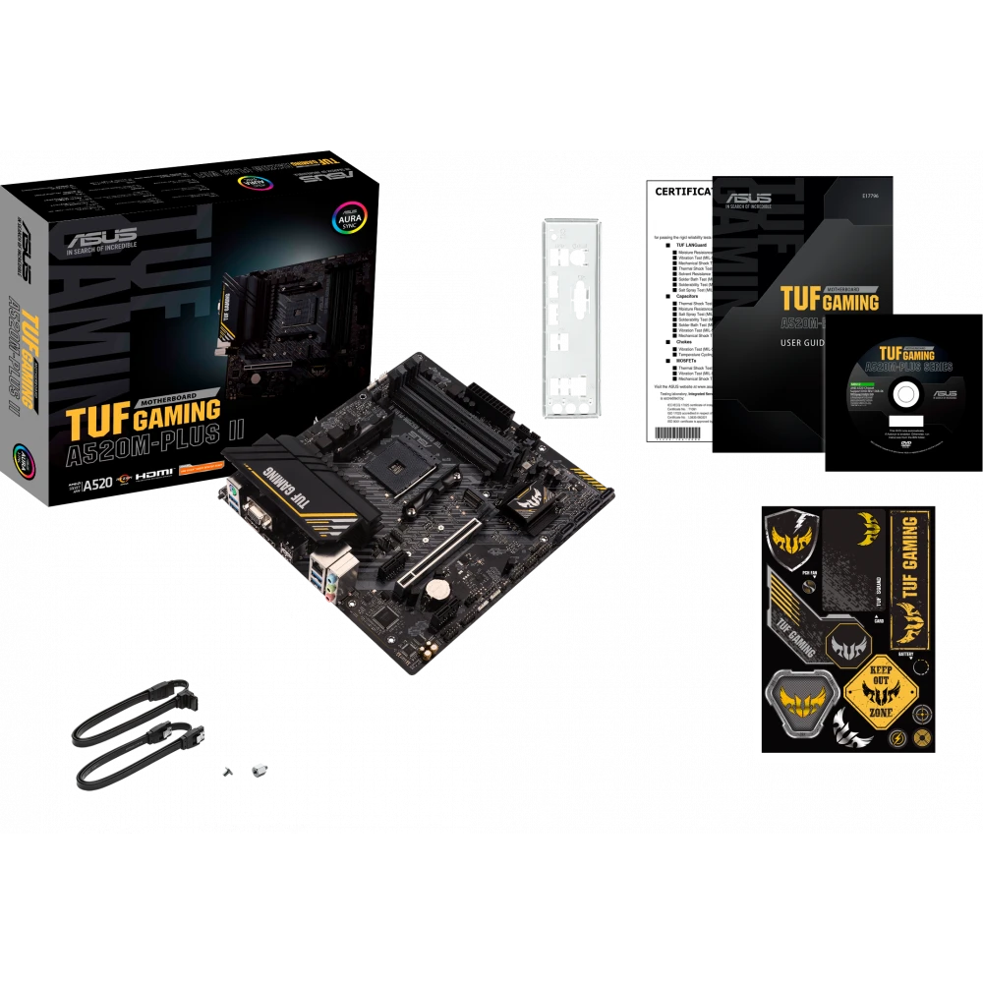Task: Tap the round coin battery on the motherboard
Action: (434, 586)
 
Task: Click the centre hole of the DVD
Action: (901, 396)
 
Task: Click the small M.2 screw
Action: (259, 773)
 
